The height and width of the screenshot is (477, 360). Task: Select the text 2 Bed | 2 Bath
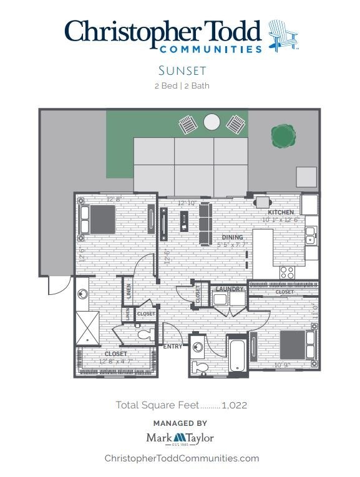(182, 86)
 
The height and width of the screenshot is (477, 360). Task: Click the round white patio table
(212, 122)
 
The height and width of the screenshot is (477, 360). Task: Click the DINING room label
(232, 237)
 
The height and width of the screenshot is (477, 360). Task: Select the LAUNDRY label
(229, 289)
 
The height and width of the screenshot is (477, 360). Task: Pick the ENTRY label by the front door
(172, 346)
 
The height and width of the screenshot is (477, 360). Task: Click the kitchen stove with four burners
(287, 272)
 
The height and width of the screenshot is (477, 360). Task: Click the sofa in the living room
(205, 223)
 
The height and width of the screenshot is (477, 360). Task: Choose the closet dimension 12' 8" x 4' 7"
(115, 361)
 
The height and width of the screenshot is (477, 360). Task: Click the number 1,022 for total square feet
(235, 405)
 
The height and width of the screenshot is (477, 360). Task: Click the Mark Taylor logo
(180, 438)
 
